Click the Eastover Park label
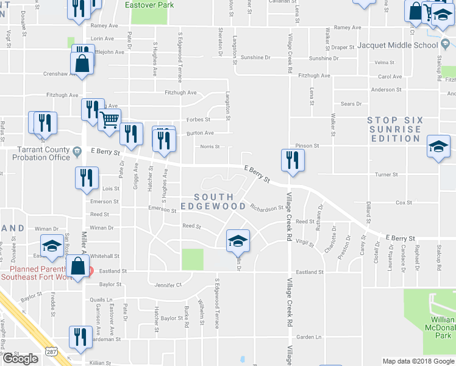pos(149,5)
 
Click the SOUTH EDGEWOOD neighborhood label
pos(220,202)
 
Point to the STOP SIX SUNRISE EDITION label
pos(394,129)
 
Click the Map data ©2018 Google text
pos(418,361)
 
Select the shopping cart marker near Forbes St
pos(109,120)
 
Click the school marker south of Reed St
pos(238,240)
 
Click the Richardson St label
pos(266,207)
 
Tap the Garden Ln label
pos(308,337)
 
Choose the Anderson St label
pos(386,90)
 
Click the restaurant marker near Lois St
pos(87,178)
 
